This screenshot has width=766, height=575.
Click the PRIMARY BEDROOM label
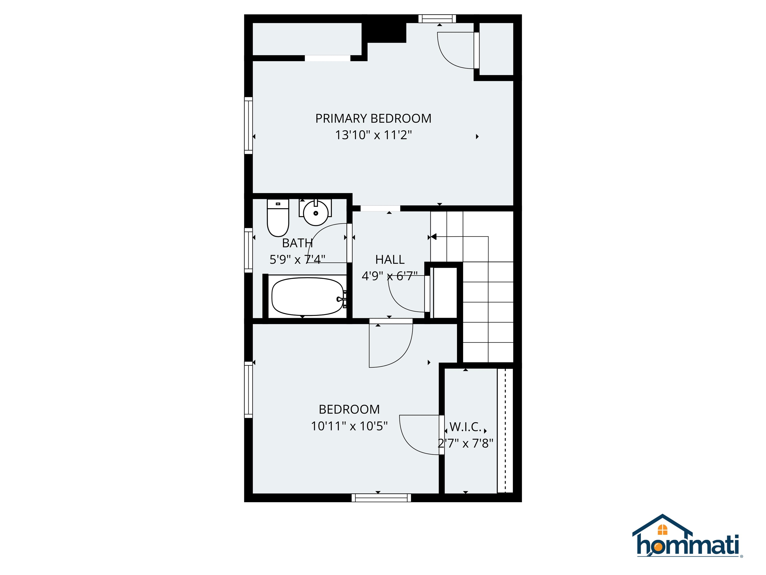(x=373, y=119)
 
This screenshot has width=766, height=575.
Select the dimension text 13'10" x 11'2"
(x=373, y=135)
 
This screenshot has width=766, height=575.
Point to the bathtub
(x=307, y=297)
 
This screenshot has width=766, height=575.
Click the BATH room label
(x=297, y=243)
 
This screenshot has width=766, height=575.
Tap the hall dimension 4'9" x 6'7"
(x=389, y=276)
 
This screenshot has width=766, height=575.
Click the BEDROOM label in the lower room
(x=349, y=409)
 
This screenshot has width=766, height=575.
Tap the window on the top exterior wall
(x=437, y=19)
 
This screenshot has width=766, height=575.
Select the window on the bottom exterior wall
(x=381, y=498)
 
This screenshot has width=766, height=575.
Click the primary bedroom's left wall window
(x=248, y=126)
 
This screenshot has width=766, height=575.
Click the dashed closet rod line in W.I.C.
(x=505, y=430)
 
